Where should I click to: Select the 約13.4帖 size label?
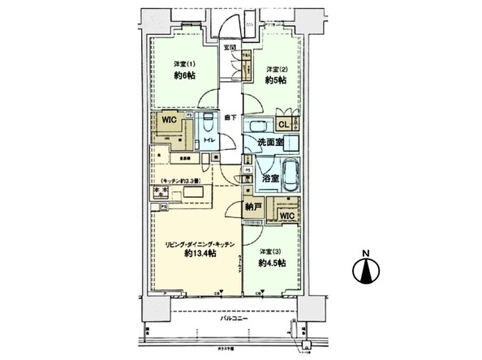tap(200, 254)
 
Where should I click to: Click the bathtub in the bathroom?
tap(290, 174)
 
